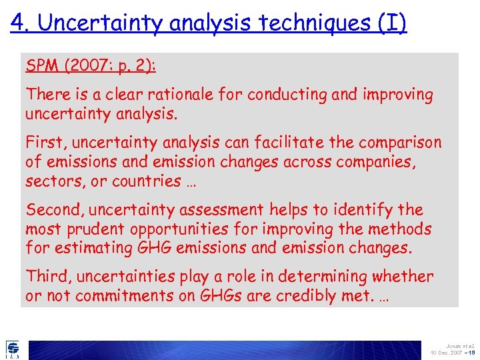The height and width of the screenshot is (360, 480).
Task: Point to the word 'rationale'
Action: [x=169, y=95]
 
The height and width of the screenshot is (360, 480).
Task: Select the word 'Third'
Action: [x=47, y=277]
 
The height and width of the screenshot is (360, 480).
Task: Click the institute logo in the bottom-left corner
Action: [x=13, y=349]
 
